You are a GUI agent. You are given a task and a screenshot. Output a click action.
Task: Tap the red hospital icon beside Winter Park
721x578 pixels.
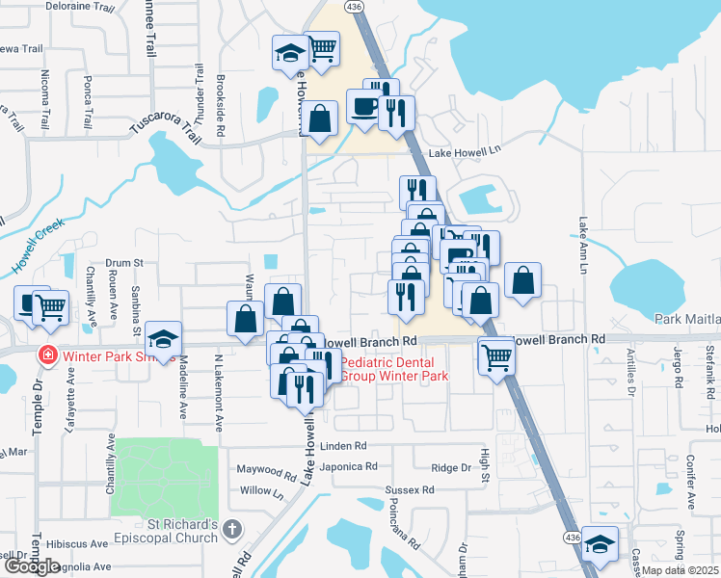pos(45,355)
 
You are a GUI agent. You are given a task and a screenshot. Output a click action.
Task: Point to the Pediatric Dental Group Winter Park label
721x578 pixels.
pos(395,368)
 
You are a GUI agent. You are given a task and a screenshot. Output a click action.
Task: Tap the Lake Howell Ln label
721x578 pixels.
pos(466,151)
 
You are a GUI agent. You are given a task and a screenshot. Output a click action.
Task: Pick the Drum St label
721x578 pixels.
pos(123,262)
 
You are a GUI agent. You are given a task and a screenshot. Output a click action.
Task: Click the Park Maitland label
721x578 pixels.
pos(686,319)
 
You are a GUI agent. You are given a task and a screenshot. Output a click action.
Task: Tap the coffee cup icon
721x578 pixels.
pos(364,108)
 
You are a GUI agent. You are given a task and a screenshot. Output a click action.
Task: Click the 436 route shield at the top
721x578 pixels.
pos(357,7)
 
